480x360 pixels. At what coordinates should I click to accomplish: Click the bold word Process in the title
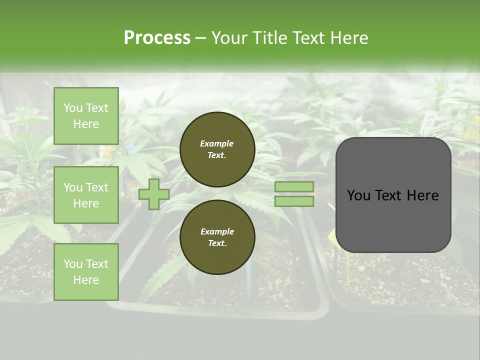coord(157,38)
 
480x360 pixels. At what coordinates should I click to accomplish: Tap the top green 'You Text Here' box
coord(86,116)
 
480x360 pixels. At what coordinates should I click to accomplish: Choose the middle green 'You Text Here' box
coord(86,195)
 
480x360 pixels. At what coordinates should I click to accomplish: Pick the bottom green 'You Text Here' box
coord(86,272)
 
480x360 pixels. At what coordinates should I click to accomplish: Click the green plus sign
coord(153,194)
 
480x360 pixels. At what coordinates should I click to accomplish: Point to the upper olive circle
coord(217,149)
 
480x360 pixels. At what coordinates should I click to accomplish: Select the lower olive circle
coord(217,237)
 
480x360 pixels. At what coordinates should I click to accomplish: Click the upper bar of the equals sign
coord(294,187)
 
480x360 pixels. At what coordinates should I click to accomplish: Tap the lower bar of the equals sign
coord(294,201)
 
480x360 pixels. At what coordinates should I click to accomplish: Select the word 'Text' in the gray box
coord(391,195)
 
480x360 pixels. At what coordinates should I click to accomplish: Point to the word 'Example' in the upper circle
coord(217,143)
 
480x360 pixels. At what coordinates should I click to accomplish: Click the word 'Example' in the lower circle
coord(217,231)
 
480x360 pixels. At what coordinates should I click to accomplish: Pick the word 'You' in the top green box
coord(73,108)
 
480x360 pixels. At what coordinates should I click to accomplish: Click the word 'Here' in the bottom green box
coord(86,280)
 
